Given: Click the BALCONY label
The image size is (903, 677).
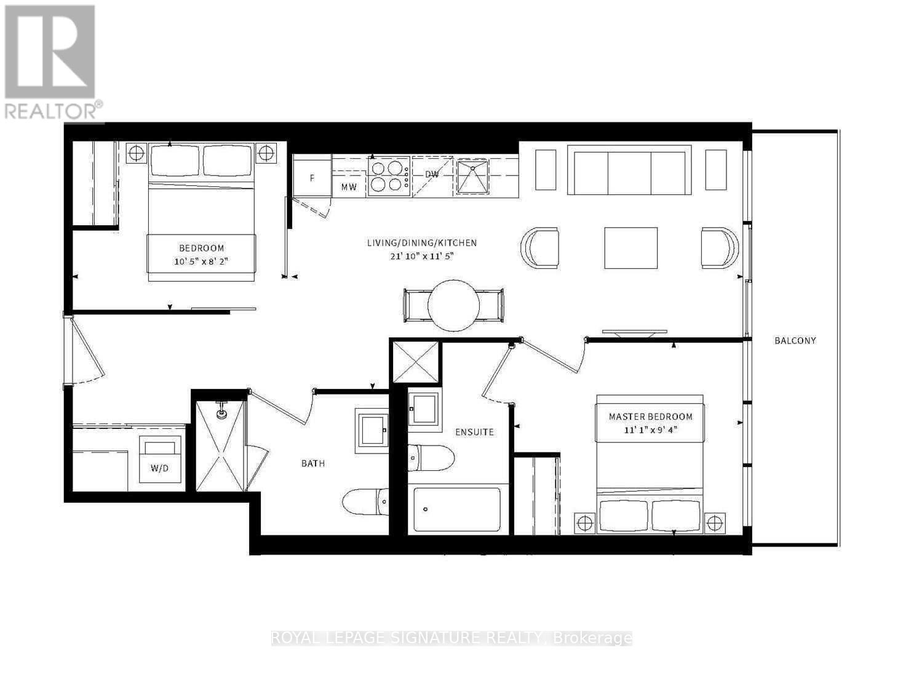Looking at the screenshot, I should [x=795, y=340].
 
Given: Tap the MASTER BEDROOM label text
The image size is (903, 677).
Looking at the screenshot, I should [x=650, y=417].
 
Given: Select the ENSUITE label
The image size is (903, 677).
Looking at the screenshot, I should [x=474, y=432].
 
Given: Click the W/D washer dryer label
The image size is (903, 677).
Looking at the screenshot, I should [x=159, y=468].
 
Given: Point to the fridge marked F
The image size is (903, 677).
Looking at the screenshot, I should [x=312, y=178].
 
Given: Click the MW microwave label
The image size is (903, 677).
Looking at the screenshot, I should [x=349, y=188].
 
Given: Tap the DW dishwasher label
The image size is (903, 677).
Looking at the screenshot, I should [x=432, y=175].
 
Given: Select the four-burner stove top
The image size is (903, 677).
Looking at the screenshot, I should [x=389, y=176].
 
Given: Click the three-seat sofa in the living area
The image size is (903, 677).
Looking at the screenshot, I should [x=629, y=170].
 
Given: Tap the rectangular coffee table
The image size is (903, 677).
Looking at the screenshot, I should [x=631, y=248].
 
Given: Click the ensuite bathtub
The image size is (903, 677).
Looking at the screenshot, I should [x=457, y=510].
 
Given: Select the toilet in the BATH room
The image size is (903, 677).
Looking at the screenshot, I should [x=365, y=502].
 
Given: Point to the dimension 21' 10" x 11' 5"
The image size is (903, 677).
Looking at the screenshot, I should [x=421, y=256].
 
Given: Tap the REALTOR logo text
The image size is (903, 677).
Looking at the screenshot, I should [x=52, y=111].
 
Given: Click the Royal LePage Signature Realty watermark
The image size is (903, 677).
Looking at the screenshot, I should [x=451, y=638].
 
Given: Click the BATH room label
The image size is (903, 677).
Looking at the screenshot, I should [x=312, y=463].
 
